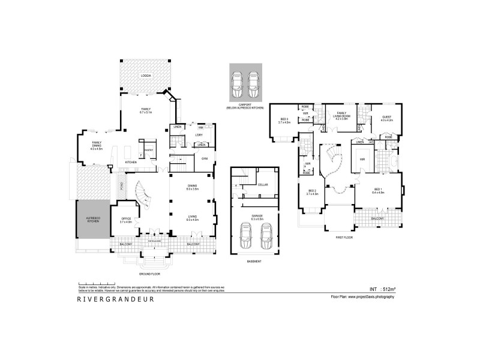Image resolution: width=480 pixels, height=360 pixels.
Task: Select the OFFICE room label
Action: [x=125, y=220]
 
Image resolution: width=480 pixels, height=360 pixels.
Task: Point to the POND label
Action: [x=122, y=186]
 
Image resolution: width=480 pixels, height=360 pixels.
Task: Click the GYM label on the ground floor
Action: [x=204, y=158]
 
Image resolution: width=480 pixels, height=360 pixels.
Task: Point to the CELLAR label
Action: [x=262, y=185]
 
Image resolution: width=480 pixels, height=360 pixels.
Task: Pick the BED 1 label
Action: [x=377, y=190]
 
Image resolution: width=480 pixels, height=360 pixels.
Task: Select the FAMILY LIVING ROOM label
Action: [x=342, y=116]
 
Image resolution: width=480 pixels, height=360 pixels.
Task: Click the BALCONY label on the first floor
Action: [x=377, y=218]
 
